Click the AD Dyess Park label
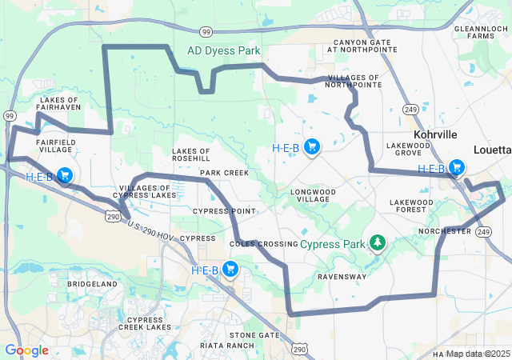pos(224,50)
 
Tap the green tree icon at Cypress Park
pos(377,242)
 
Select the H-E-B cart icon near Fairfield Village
pos(65,176)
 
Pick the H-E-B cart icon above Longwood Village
pos(312,147)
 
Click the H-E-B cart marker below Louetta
pos(456,168)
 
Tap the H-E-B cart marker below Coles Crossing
pos(230,270)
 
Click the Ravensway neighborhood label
pos(342,277)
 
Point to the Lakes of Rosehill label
pos(190,154)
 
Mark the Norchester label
pos(445,231)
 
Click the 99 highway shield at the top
pos(206,32)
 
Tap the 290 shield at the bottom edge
pos(299,349)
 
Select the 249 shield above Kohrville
pos(410,108)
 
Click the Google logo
pos(26,350)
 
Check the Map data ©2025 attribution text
pos(478,354)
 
